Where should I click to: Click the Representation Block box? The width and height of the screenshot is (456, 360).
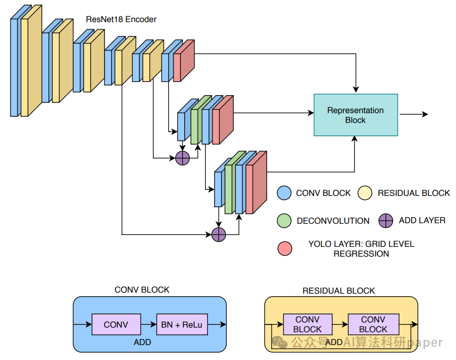click(356, 115)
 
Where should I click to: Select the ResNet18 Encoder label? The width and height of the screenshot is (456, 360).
click(121, 20)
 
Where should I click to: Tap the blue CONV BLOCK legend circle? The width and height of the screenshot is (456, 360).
click(285, 193)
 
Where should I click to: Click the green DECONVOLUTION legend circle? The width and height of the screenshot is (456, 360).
click(285, 221)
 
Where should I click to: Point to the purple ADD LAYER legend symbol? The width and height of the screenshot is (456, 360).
click(386, 221)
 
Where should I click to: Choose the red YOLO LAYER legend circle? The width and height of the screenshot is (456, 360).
click(285, 248)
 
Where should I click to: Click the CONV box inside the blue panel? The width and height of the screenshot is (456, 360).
click(116, 325)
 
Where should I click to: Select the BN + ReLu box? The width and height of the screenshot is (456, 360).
click(182, 325)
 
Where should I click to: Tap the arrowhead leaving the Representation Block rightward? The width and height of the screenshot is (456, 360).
click(425, 114)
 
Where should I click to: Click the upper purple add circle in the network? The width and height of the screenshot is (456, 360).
click(183, 158)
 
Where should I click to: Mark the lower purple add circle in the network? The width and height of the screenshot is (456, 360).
click(219, 235)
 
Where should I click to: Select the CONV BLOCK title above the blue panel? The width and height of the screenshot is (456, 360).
click(142, 290)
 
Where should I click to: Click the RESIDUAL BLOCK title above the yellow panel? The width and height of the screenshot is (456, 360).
click(339, 291)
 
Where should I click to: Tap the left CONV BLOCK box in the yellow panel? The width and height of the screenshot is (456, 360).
click(308, 325)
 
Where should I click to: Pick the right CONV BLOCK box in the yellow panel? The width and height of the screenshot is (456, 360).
click(373, 325)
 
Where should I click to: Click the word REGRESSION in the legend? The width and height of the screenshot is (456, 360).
click(361, 254)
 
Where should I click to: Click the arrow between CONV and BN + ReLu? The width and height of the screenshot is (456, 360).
click(148, 325)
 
